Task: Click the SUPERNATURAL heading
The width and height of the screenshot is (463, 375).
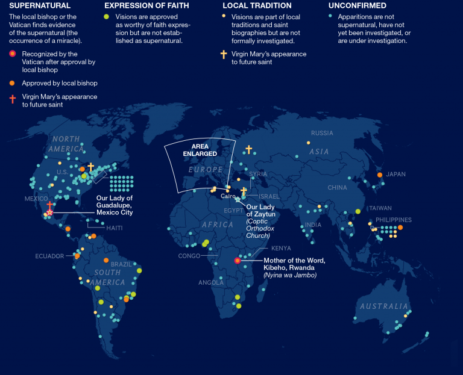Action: tap(36, 6)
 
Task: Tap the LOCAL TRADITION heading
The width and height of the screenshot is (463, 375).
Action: tap(254, 6)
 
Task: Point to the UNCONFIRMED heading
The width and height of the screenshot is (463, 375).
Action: tap(358, 6)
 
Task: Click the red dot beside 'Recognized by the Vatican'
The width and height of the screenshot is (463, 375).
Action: tap(13, 54)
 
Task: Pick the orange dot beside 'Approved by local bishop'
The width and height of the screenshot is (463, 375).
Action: tap(13, 83)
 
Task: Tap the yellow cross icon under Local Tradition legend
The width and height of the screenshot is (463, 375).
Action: tap(224, 54)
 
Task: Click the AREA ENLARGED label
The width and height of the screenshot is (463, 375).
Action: tap(200, 150)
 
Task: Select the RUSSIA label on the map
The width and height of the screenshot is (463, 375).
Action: tap(322, 133)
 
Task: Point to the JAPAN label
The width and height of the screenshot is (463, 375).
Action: tap(396, 175)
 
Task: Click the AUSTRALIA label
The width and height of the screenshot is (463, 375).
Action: tap(384, 306)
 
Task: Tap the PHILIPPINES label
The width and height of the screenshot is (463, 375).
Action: tap(393, 220)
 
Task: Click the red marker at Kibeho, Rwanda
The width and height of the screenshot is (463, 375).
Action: tap(238, 261)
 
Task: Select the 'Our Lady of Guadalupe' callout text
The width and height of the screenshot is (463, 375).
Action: tap(115, 205)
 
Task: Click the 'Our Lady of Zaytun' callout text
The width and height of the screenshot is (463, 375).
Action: tap(260, 211)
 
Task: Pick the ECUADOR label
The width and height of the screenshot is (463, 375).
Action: tap(49, 256)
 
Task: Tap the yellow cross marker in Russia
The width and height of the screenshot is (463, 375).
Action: tap(248, 149)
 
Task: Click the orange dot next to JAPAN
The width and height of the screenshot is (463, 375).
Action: tap(380, 175)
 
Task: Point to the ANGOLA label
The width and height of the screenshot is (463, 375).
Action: tap(210, 282)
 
